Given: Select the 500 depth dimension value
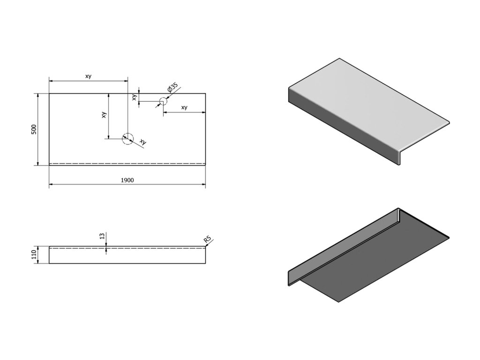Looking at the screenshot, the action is click(x=34, y=129).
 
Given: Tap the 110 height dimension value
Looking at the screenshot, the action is click(x=34, y=255).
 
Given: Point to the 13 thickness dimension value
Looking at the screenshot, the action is click(x=102, y=236).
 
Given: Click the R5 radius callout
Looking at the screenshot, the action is click(x=207, y=240).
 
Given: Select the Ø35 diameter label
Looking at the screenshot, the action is click(x=172, y=88).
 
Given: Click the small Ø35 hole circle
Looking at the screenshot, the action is click(x=163, y=101).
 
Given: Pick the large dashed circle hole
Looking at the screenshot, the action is click(x=127, y=138).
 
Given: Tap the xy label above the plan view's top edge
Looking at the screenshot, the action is click(x=88, y=76).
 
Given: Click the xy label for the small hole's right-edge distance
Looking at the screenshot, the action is click(x=184, y=107).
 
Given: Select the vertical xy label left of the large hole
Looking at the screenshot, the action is click(x=104, y=115).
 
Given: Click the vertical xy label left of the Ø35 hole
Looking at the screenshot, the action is click(x=135, y=97).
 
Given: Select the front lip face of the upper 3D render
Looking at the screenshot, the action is click(x=342, y=127).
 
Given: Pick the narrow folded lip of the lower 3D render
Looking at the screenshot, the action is click(x=342, y=244).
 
